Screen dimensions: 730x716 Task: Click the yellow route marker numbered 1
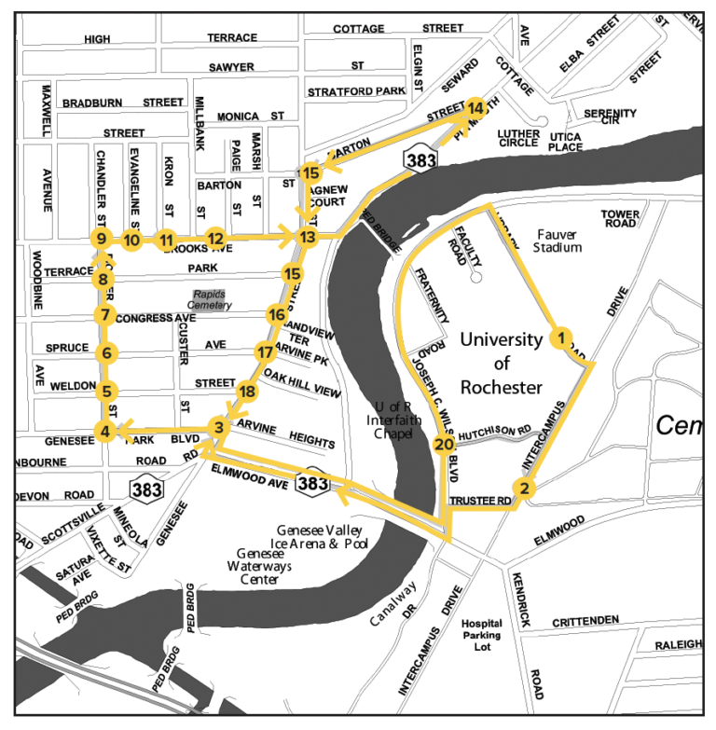coord(561,337)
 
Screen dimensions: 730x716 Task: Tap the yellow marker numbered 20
coord(444,444)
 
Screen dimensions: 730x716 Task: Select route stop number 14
coord(475,108)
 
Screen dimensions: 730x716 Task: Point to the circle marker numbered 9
coord(101,240)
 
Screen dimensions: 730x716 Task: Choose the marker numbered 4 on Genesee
coord(104,432)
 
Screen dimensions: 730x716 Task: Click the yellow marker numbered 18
coord(246,392)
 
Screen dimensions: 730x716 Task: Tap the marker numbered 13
coord(307,238)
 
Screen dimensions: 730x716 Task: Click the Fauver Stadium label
coord(558,240)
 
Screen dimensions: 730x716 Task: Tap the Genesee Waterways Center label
coord(252,566)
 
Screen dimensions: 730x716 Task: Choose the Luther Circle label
coord(517,137)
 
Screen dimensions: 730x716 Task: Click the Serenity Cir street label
coord(611,117)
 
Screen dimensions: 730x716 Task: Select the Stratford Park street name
coord(357,91)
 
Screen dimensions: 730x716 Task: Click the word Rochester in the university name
coord(500,387)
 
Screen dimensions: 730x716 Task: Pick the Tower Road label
coord(620,218)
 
